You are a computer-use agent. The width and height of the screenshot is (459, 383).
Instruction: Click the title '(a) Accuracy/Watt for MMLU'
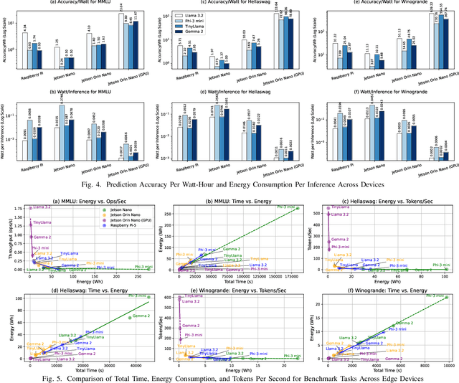click(80, 4)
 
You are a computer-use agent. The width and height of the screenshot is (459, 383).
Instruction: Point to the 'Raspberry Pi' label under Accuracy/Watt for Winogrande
click(327, 73)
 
